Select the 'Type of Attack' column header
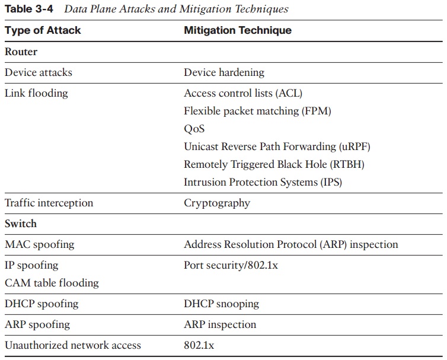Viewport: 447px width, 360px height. point(43,30)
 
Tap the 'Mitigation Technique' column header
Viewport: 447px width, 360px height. point(238,30)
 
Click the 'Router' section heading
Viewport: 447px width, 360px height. point(21,52)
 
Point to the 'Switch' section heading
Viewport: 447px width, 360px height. point(21,224)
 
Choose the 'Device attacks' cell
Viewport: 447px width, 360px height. point(39,72)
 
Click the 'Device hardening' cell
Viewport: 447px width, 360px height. point(224,72)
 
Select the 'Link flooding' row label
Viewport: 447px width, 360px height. point(36,93)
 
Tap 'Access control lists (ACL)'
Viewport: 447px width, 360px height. point(243,93)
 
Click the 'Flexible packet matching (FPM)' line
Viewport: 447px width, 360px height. point(257,111)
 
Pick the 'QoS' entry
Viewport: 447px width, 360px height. point(194,129)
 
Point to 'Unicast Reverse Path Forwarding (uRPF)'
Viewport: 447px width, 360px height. point(277,146)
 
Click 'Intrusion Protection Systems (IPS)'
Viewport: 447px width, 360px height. point(263,182)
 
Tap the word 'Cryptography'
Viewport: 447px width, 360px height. point(217,203)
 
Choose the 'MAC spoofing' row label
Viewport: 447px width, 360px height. point(40,244)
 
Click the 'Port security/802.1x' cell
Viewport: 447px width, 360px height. point(231,265)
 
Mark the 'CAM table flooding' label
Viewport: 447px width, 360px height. point(52,283)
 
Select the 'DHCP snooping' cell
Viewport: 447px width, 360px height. point(221,304)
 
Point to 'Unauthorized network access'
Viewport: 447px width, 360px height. point(73,345)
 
